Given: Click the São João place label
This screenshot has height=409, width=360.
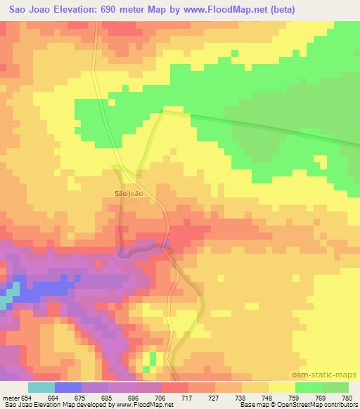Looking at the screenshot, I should (x=128, y=192).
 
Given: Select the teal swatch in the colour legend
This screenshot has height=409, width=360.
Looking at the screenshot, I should (x=41, y=388).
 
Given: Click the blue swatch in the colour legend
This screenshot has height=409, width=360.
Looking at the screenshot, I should (x=67, y=388).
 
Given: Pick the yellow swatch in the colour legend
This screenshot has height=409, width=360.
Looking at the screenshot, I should (x=281, y=388).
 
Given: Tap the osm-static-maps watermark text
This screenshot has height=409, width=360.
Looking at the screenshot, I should (x=328, y=376).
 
